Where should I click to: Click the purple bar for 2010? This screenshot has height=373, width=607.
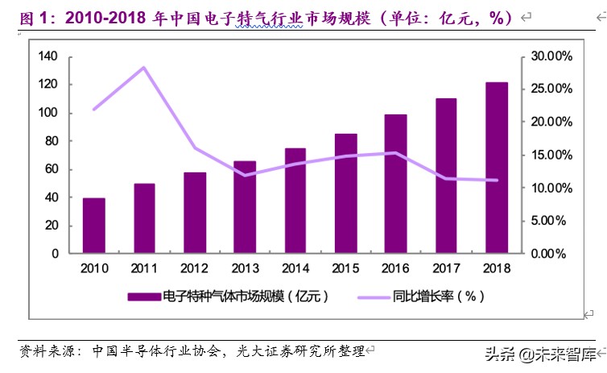[x=94, y=226]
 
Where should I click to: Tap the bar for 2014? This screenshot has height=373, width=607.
[x=295, y=201]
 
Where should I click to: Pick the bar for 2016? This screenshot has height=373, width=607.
[x=396, y=184]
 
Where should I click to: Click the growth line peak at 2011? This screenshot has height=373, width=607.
[x=144, y=68]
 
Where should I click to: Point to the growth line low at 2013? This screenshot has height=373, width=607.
[x=245, y=175]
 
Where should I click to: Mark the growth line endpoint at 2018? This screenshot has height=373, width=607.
[x=497, y=180]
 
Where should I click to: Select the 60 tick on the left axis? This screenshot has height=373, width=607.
[x=51, y=169]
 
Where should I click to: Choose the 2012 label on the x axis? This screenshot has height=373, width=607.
[x=195, y=267]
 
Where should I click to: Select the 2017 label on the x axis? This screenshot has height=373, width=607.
[x=446, y=267]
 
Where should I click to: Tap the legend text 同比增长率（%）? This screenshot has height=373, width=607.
[x=439, y=296]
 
